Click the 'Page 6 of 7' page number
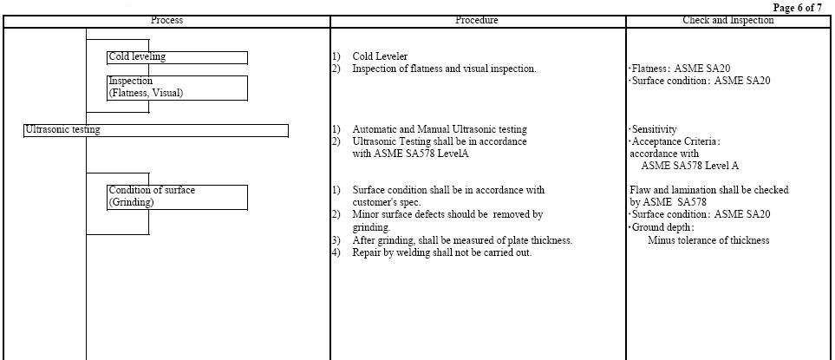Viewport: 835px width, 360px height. tap(797, 8)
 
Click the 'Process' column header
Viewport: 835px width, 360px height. tap(166, 20)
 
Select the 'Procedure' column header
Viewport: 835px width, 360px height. tap(477, 20)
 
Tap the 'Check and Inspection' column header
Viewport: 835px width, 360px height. tap(728, 20)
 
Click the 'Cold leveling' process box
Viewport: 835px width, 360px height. tap(178, 57)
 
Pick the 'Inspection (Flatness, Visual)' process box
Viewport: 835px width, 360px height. tap(178, 88)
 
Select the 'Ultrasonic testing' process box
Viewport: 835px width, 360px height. tap(156, 130)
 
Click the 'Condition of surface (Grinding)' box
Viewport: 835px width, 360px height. tap(178, 197)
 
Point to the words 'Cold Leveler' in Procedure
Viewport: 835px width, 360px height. tap(381, 56)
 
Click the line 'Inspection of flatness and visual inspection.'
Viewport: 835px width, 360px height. tap(444, 69)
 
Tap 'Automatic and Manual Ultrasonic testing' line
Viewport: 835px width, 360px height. tap(440, 129)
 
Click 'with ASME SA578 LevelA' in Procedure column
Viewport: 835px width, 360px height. tap(411, 154)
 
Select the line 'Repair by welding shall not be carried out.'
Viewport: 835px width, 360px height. tap(442, 252)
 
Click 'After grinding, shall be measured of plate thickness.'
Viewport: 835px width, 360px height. tap(462, 240)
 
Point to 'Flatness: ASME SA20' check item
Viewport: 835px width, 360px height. tap(680, 69)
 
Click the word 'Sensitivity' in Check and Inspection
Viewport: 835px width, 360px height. tap(654, 129)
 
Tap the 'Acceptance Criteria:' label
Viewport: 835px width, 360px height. tap(675, 141)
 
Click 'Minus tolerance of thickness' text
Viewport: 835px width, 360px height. tap(708, 240)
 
